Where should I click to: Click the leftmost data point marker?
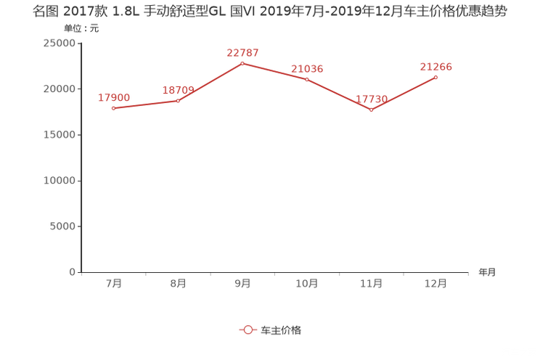[x=113, y=108]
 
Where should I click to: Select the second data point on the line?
[x=179, y=101]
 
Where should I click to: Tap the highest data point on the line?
[x=242, y=63]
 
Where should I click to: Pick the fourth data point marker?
[x=307, y=78]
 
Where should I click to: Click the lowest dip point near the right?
[x=371, y=110]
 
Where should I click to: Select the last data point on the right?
[x=436, y=76]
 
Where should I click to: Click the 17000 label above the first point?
[x=114, y=97]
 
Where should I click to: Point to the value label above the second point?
[x=178, y=90]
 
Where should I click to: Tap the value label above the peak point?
[x=242, y=52]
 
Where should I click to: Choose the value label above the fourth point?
[x=307, y=68]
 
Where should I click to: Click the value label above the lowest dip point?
[x=372, y=99]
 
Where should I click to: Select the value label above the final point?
[x=436, y=66]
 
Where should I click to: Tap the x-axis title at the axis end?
[x=487, y=273]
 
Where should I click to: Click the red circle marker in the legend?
[x=248, y=330]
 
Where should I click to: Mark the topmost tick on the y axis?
[x=80, y=43]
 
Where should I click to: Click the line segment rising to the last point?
[x=404, y=94]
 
